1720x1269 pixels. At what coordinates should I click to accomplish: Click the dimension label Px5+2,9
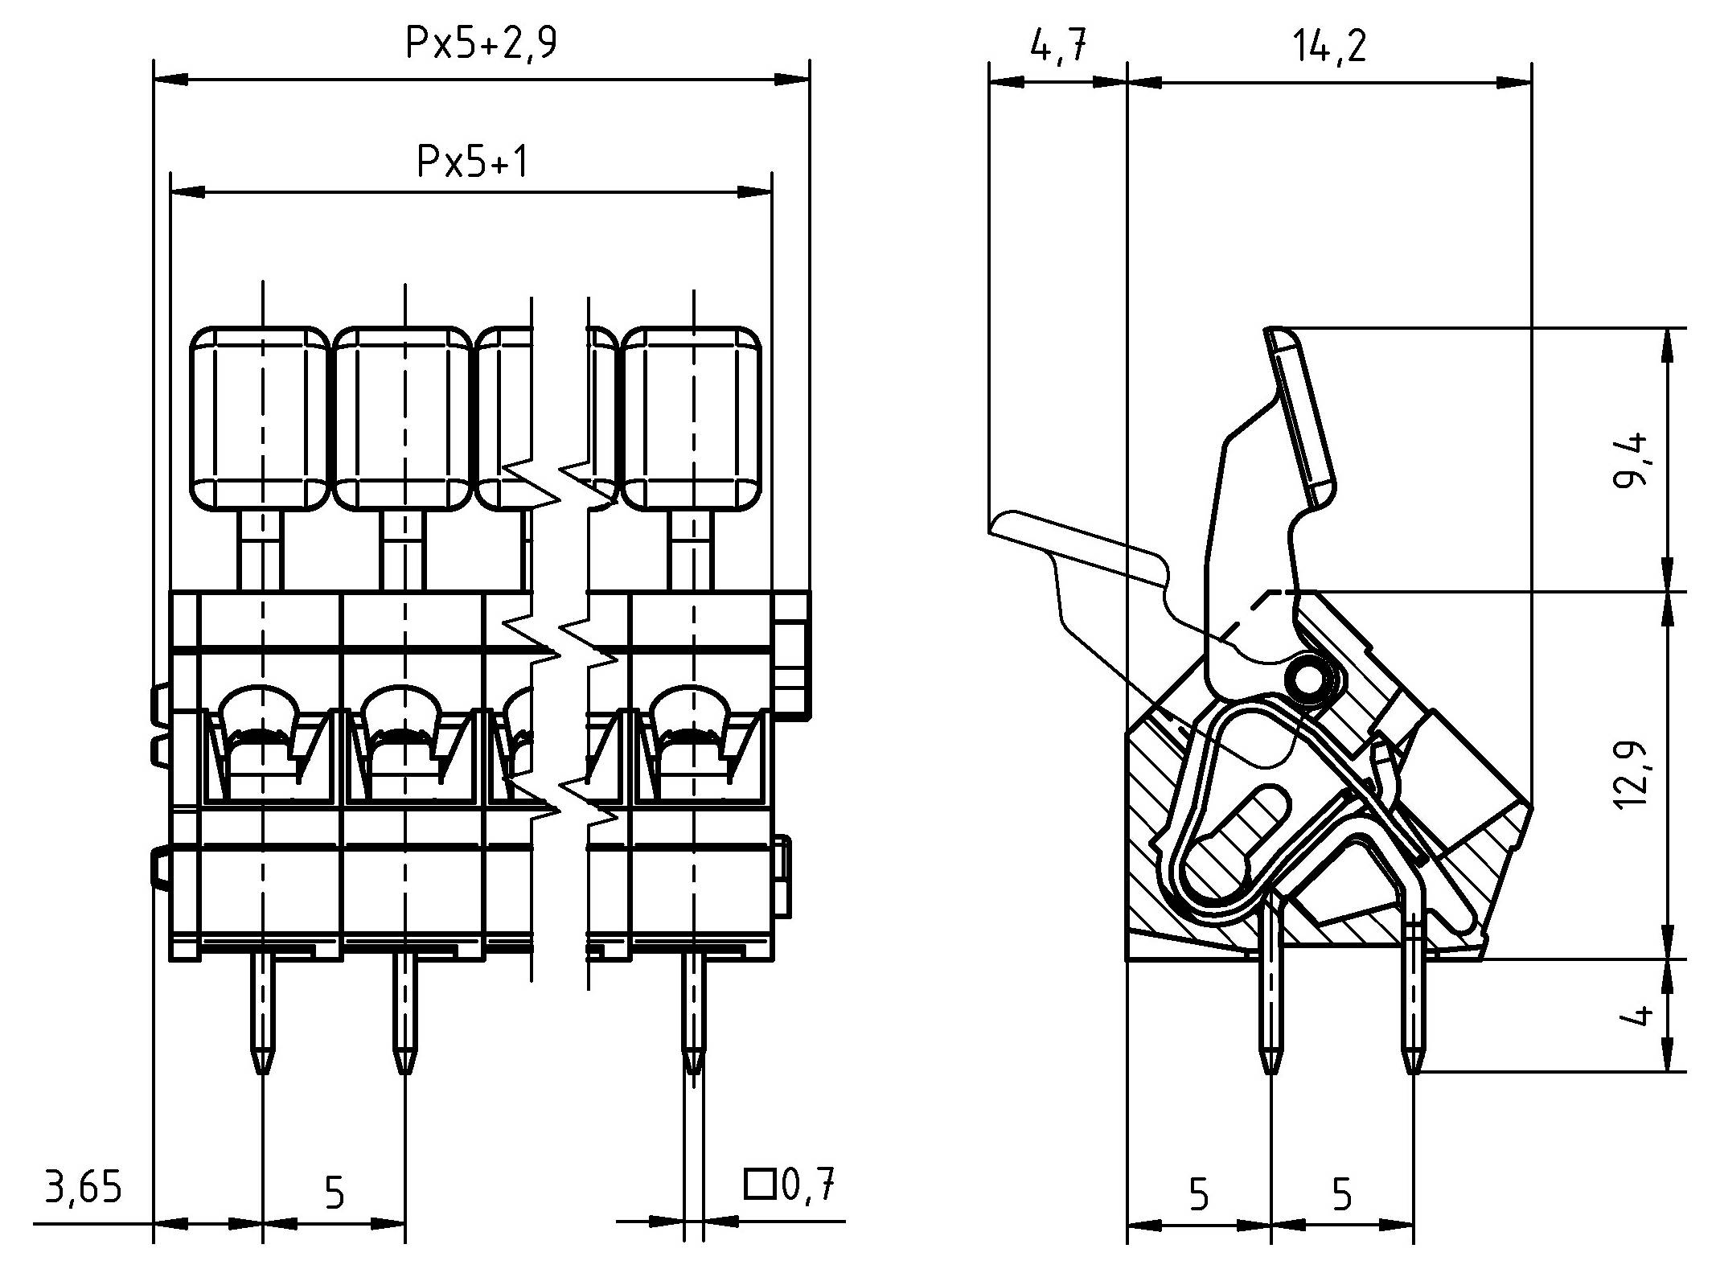click(x=480, y=44)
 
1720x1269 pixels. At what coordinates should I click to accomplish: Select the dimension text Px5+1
click(x=473, y=162)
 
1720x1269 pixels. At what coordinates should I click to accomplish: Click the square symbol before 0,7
click(x=757, y=1185)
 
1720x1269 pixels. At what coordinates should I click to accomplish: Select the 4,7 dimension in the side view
click(x=1057, y=47)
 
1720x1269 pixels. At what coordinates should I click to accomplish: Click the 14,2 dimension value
click(x=1329, y=47)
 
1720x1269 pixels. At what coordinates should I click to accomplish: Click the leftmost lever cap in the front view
click(x=260, y=418)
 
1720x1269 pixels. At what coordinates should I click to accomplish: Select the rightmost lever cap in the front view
click(x=692, y=418)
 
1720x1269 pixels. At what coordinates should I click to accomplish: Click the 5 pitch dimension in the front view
click(x=334, y=1193)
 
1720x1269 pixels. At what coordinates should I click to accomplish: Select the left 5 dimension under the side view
click(x=1198, y=1195)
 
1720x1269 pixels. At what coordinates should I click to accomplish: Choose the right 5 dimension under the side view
click(x=1341, y=1195)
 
